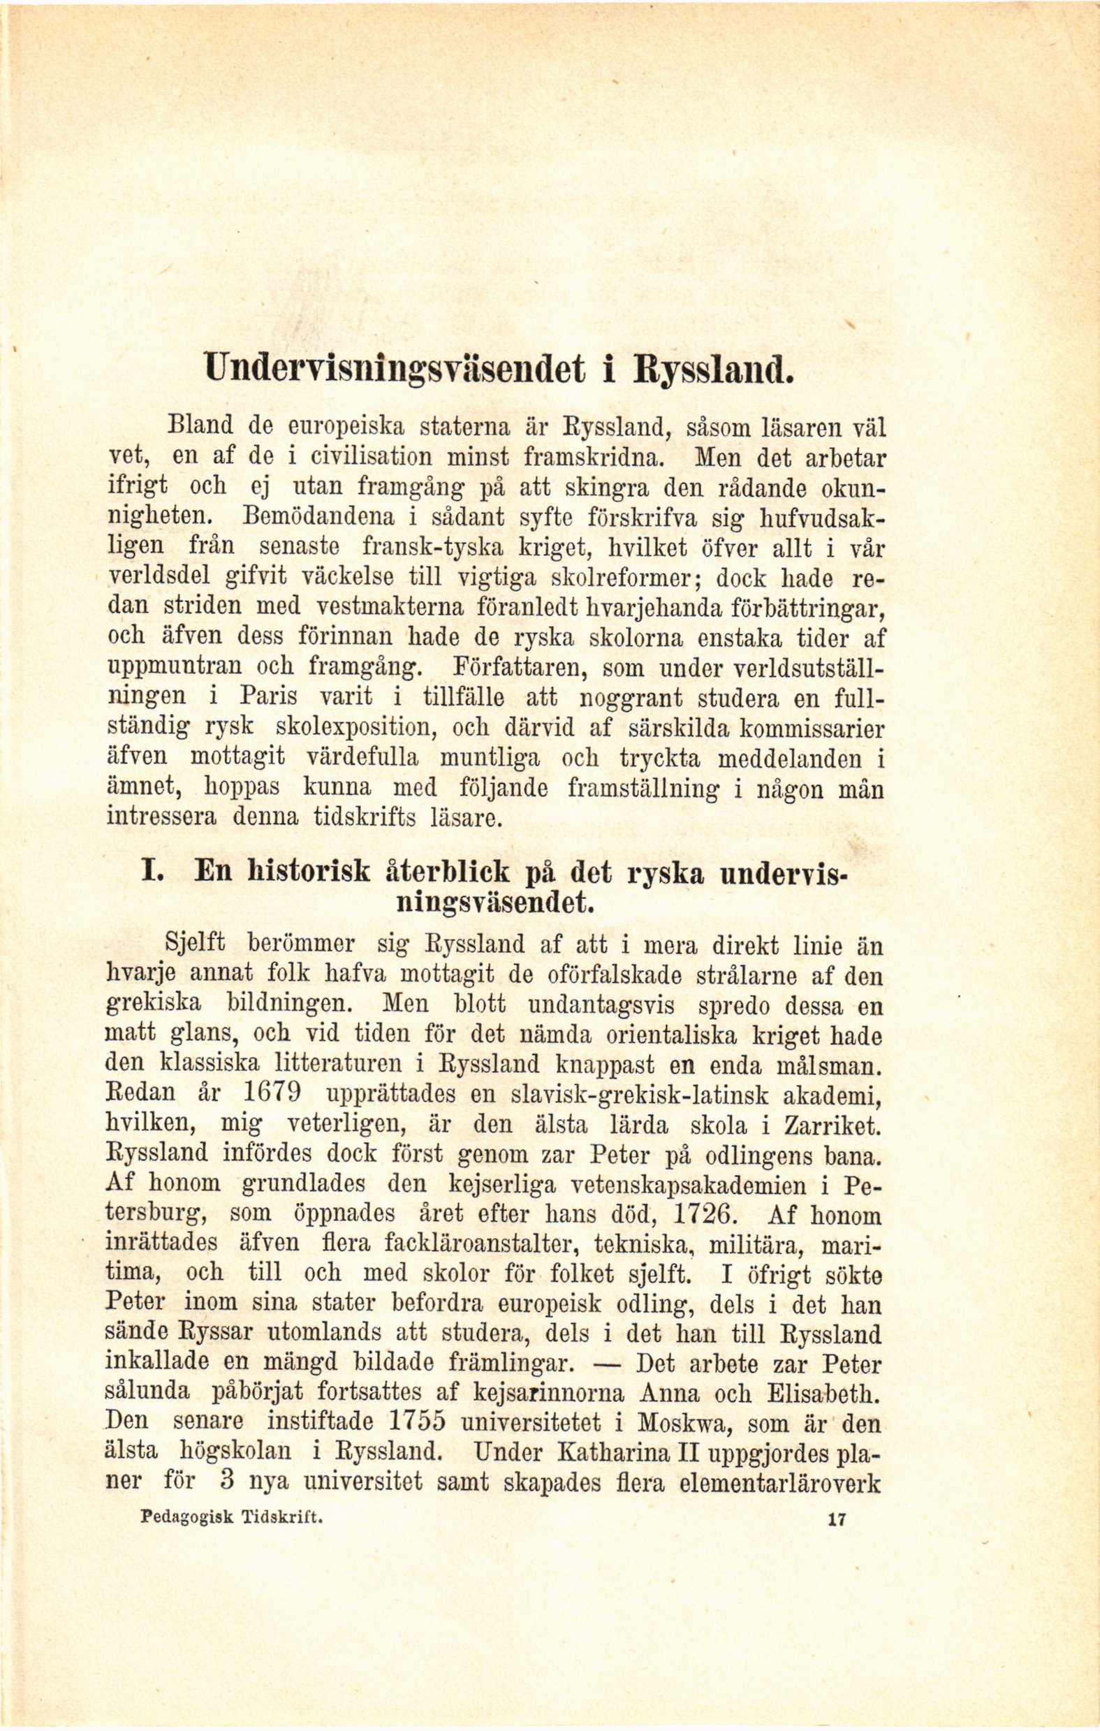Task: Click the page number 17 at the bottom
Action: pos(837,1519)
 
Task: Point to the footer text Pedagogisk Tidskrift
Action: pos(232,1517)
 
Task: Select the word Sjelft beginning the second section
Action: pos(195,942)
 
